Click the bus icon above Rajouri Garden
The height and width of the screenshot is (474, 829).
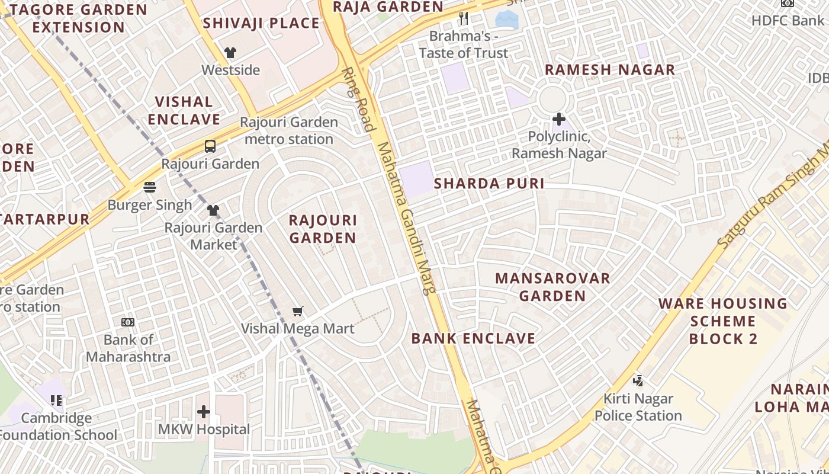(210, 146)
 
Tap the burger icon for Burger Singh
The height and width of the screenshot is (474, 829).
(150, 187)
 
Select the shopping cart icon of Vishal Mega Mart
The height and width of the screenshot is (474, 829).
(298, 311)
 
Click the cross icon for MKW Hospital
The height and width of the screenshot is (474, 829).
(204, 411)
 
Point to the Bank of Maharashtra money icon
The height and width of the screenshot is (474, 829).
(128, 322)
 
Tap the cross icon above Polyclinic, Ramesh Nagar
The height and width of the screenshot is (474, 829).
(558, 119)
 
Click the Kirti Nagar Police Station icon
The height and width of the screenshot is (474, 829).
(638, 380)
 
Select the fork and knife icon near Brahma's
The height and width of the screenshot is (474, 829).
(464, 18)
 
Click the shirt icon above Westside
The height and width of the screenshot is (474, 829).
(230, 53)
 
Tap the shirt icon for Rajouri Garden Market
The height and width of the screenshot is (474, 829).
(213, 210)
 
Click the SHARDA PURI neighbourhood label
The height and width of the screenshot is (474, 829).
(489, 184)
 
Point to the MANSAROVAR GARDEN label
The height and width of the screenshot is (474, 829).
(552, 287)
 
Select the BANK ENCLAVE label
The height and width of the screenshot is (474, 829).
(473, 338)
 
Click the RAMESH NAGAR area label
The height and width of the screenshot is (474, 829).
(609, 69)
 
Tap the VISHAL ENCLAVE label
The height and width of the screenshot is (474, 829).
(184, 110)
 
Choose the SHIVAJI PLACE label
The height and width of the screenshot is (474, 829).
(261, 24)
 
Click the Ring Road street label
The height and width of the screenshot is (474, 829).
(359, 99)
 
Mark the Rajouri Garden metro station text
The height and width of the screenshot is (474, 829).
(289, 130)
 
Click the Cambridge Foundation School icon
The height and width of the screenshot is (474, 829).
(56, 401)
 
